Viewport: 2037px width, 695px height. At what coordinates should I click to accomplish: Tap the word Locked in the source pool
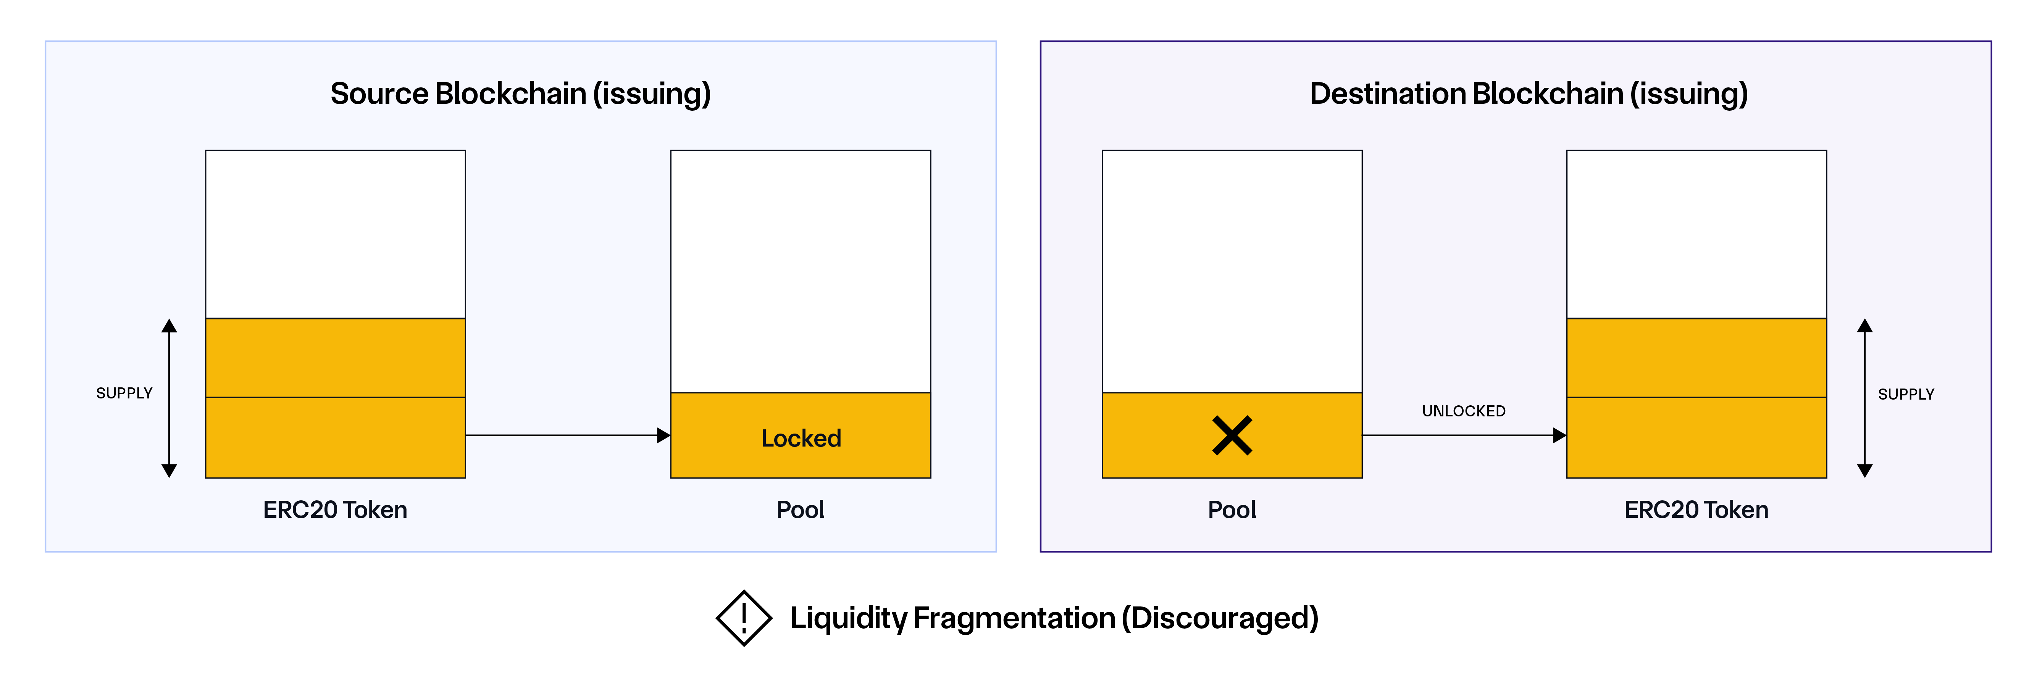800,438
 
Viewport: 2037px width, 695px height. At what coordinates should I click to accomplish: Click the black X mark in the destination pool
1231,435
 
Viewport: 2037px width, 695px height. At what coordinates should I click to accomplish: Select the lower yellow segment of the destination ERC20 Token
1696,437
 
